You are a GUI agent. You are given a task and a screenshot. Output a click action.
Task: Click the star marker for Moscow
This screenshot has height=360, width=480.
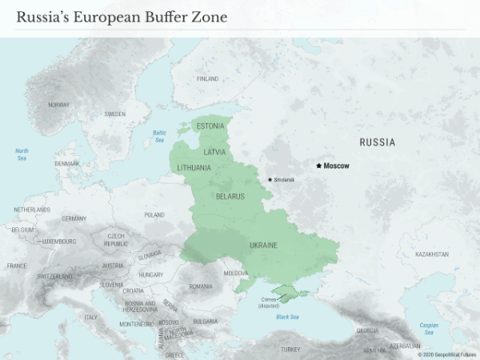pos(318,166)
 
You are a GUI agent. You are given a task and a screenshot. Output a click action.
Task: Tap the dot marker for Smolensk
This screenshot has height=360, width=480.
pos(270,179)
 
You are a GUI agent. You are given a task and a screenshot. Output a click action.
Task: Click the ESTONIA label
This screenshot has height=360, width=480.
pos(210,126)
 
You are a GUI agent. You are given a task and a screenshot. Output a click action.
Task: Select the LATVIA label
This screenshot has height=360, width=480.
pos(215,151)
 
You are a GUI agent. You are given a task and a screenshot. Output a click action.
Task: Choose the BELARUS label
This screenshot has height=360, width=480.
pos(230,195)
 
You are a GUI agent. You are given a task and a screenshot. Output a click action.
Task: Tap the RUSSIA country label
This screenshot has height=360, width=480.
pos(377,142)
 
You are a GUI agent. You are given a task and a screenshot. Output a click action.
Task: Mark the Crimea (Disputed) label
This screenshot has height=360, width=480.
pos(270,302)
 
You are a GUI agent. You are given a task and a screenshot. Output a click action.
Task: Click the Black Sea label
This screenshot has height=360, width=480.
pos(287,318)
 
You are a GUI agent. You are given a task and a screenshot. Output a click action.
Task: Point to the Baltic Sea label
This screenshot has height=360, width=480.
pos(159,136)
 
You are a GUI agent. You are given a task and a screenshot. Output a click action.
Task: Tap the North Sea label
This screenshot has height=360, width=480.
pos(22,154)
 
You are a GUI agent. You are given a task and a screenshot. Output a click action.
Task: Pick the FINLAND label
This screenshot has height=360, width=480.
pos(207,79)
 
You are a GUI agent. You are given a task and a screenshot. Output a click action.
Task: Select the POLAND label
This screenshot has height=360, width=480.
pos(154,215)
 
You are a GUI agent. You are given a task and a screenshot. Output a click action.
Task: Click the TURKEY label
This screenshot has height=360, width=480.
pos(290,350)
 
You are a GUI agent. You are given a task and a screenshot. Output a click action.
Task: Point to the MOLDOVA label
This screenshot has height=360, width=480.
pos(236,273)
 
